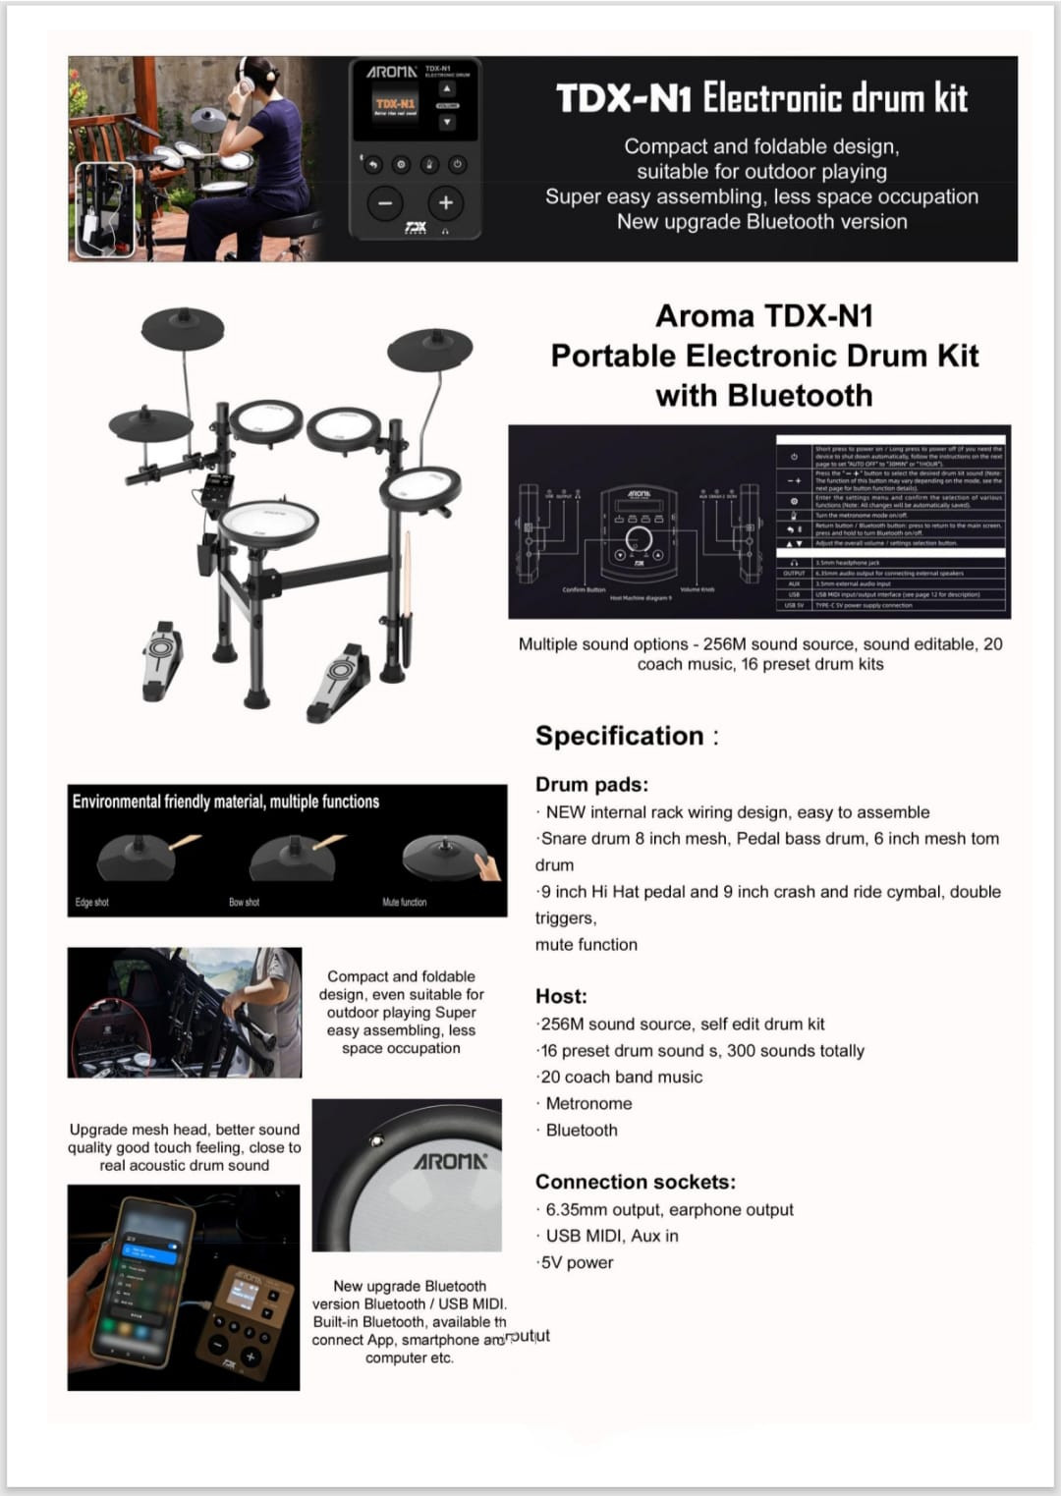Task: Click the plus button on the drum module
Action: tap(445, 203)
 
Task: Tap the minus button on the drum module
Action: tap(384, 203)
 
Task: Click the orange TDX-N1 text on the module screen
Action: tap(395, 102)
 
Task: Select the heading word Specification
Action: tap(619, 736)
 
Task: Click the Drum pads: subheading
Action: tap(591, 784)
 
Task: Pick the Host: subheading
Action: tap(561, 996)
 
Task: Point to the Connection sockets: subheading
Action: tap(635, 1182)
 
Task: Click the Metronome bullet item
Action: tap(588, 1103)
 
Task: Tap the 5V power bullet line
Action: tap(577, 1262)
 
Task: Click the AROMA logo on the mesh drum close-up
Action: tap(450, 1161)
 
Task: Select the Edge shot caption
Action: tap(92, 902)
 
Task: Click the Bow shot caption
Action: tap(244, 902)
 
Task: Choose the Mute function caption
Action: tap(404, 902)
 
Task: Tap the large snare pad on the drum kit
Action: tap(268, 522)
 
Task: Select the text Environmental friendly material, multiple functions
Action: tap(225, 802)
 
